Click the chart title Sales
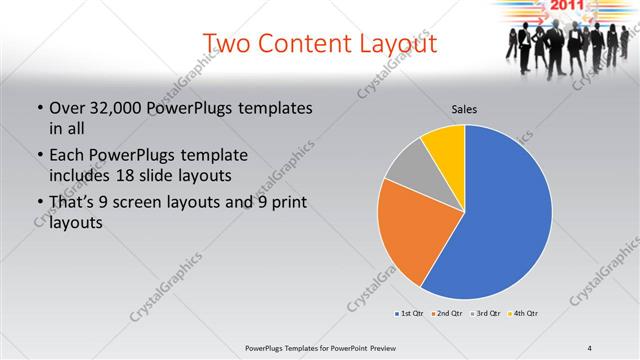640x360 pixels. tap(465, 109)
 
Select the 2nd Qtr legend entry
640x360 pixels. tap(446, 314)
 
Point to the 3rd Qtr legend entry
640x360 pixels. tap(485, 314)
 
